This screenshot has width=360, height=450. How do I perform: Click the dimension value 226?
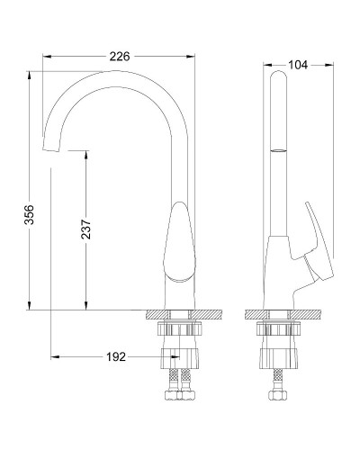tap(119, 56)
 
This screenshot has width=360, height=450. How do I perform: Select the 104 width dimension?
tap(300, 64)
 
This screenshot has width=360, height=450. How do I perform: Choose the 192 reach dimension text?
tap(115, 356)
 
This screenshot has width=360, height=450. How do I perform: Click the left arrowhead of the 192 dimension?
tap(54, 356)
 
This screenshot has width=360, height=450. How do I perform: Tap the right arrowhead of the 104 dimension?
tap(330, 64)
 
